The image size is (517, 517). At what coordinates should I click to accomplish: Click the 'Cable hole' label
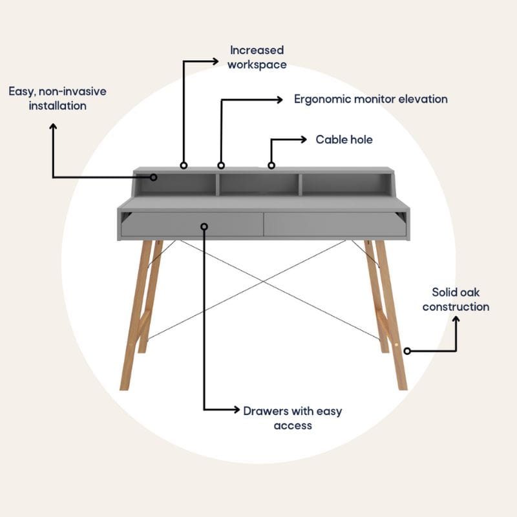[344, 140]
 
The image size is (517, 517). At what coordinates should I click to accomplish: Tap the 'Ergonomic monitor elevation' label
[370, 99]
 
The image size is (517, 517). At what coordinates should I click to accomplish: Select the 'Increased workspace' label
[257, 58]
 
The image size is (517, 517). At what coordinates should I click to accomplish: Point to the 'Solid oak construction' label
[456, 299]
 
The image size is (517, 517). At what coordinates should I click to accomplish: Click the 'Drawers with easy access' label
[293, 418]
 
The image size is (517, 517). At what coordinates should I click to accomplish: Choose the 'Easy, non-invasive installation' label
[58, 99]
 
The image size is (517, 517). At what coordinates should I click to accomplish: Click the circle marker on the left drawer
[204, 227]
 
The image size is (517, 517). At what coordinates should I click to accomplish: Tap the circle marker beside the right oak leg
[407, 351]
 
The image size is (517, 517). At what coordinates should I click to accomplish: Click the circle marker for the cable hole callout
[271, 165]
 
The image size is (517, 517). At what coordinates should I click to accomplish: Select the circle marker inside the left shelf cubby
[153, 177]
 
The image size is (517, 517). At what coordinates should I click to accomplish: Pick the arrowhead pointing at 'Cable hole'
[303, 140]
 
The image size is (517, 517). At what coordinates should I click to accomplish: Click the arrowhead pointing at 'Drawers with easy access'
[237, 410]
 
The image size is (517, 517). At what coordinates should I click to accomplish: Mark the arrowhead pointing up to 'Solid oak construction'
[456, 320]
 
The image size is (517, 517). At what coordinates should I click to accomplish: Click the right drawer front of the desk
[335, 224]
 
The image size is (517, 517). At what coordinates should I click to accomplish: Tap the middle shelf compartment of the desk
[259, 184]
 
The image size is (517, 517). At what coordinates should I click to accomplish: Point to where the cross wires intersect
[264, 282]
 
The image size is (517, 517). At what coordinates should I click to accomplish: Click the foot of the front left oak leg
[124, 388]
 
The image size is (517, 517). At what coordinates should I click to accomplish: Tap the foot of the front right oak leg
[403, 388]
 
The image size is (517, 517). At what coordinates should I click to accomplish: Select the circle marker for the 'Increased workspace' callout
[184, 165]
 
